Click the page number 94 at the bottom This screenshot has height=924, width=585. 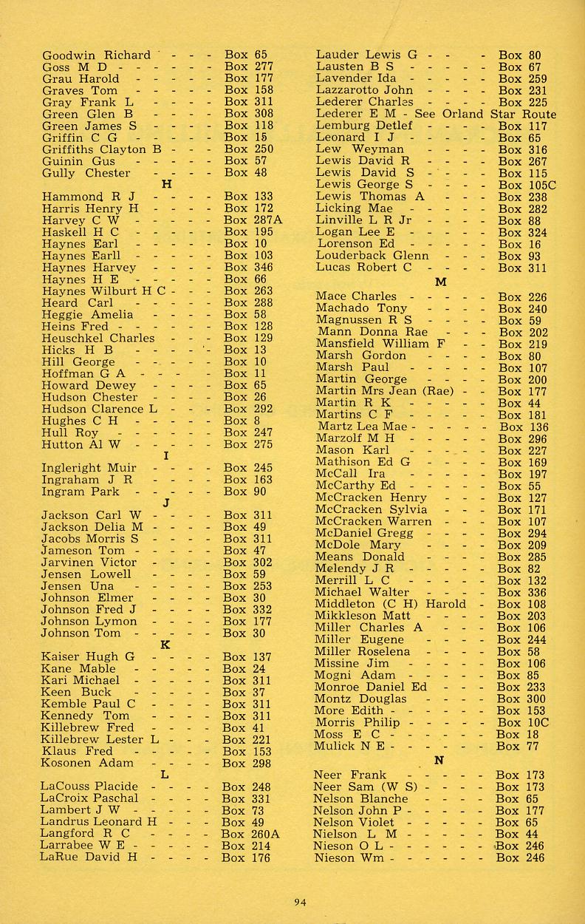pos(299,901)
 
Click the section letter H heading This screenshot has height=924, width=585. pos(165,185)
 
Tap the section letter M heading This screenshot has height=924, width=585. pos(441,282)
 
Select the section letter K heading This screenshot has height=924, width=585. pos(165,645)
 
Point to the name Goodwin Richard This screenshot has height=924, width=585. pos(96,55)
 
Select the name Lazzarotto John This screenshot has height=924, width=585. pos(364,90)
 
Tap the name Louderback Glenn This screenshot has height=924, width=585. pos(372,256)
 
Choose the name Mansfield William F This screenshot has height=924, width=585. pos(379,344)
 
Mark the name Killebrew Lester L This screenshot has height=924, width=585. pos(100,739)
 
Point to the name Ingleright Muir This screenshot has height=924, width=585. pos(89,468)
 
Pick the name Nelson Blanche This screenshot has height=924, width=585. pos(361,799)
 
